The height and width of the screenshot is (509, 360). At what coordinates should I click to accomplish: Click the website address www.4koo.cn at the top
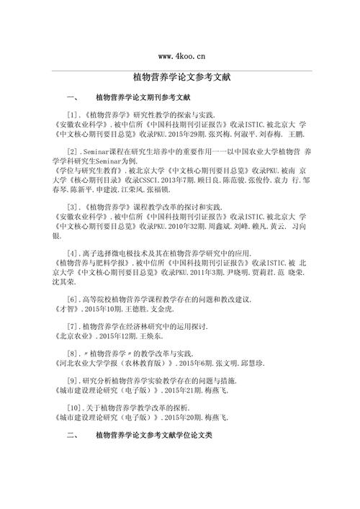(181, 55)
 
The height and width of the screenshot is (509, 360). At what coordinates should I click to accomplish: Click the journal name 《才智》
(67, 308)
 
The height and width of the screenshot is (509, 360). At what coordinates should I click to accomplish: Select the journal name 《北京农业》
(73, 335)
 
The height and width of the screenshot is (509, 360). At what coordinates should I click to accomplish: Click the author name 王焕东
(148, 335)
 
